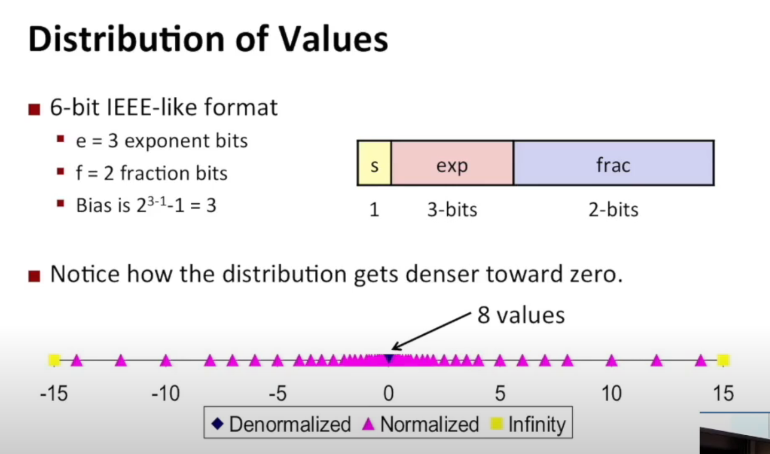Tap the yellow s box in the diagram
375,163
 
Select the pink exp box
452,163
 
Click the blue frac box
613,163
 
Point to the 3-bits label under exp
452,210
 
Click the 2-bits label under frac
613,210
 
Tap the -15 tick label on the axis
54,393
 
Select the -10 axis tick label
166,393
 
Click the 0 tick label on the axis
388,393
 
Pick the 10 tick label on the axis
611,393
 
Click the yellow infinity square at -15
55,360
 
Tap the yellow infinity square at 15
724,360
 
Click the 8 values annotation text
521,315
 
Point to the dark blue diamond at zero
389,358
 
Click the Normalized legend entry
421,424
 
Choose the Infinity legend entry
528,424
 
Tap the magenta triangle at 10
611,361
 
